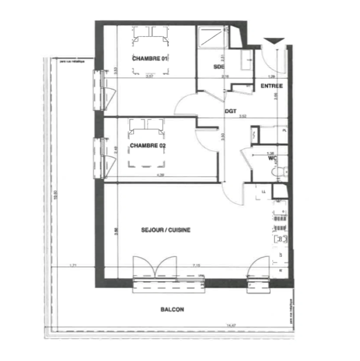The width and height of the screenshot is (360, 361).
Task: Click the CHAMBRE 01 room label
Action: [150, 58]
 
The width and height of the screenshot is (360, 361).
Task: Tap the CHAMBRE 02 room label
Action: [148, 146]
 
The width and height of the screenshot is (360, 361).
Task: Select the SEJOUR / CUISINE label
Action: [166, 230]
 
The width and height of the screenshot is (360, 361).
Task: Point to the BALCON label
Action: [172, 310]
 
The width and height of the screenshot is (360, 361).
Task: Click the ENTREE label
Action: [272, 86]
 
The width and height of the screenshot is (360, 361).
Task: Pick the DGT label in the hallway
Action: [231, 112]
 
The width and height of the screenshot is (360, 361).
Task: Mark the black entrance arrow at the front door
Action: [274, 41]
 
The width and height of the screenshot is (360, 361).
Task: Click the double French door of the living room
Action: [155, 267]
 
